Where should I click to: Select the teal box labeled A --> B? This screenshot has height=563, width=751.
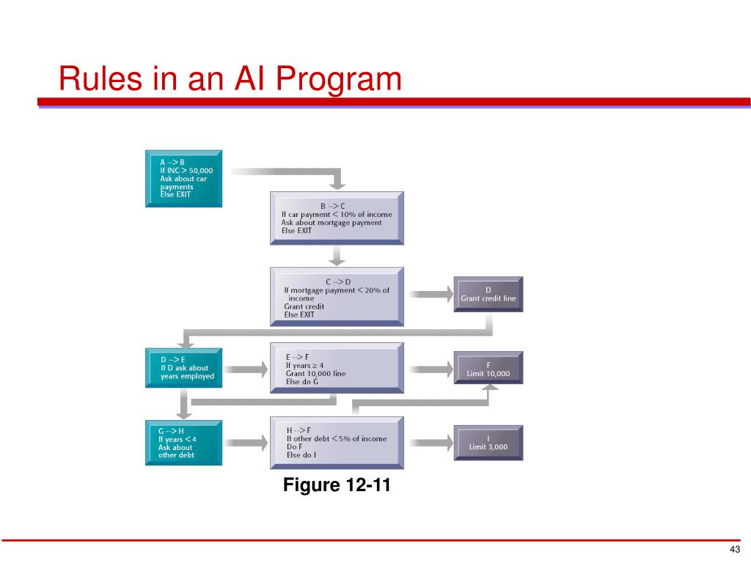pyautogui.click(x=183, y=178)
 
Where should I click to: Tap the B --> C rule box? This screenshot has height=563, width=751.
pyautogui.click(x=337, y=218)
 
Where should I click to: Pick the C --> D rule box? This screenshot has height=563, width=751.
pyautogui.click(x=337, y=295)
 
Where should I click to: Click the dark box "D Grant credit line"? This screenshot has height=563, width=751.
pyautogui.click(x=488, y=294)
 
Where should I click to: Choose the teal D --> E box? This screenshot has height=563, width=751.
pyautogui.click(x=183, y=368)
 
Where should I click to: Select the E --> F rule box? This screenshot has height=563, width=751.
pyautogui.click(x=337, y=368)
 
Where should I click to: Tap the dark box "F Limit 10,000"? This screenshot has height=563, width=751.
pyautogui.click(x=488, y=369)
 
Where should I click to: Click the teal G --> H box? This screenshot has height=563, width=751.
pyautogui.click(x=183, y=441)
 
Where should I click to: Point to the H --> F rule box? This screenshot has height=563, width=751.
pyautogui.click(x=337, y=441)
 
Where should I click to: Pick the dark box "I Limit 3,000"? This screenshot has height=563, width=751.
pyautogui.click(x=488, y=442)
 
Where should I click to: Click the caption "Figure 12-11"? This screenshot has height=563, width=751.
pyautogui.click(x=337, y=485)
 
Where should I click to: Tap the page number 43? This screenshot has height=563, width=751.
pyautogui.click(x=735, y=551)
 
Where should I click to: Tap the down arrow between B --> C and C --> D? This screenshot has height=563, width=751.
pyautogui.click(x=337, y=255)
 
